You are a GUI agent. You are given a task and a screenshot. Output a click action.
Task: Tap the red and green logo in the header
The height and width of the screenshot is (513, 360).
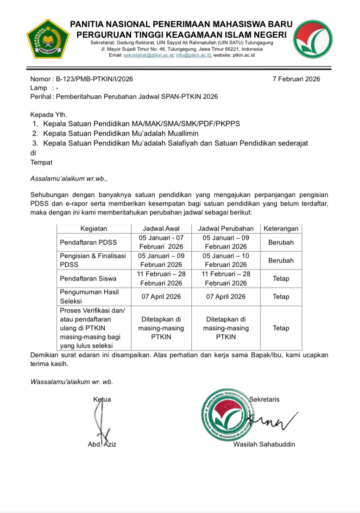click(x=314, y=40)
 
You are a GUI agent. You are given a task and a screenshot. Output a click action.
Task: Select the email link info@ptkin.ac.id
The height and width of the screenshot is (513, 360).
click(x=194, y=55)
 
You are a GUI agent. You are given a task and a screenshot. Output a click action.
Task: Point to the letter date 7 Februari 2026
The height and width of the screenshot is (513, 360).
click(x=297, y=79)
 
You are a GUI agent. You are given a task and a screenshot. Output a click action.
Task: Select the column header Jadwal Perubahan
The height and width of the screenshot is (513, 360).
click(x=226, y=229)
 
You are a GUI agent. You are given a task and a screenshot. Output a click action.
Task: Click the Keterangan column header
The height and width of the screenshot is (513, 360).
click(x=281, y=229)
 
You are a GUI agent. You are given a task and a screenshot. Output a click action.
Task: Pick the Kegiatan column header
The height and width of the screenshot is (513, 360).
click(x=94, y=229)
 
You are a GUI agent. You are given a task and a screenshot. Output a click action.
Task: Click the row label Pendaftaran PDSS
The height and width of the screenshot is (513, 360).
click(x=88, y=242)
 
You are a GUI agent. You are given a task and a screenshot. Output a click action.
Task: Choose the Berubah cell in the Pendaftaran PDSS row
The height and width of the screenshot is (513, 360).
click(x=281, y=242)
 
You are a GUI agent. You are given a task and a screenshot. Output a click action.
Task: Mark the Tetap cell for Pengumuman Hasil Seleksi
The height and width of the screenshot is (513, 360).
click(x=281, y=297)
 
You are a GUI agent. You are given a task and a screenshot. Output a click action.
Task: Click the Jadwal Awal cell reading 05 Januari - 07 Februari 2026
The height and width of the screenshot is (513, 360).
click(x=161, y=242)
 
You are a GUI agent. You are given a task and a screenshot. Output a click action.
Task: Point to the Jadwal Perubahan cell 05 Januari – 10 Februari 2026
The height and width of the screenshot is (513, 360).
click(x=226, y=260)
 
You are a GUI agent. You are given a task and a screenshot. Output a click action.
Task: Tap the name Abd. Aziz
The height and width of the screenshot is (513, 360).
click(x=102, y=444)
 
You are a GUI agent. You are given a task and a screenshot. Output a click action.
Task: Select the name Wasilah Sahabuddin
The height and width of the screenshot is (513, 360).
click(x=264, y=444)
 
